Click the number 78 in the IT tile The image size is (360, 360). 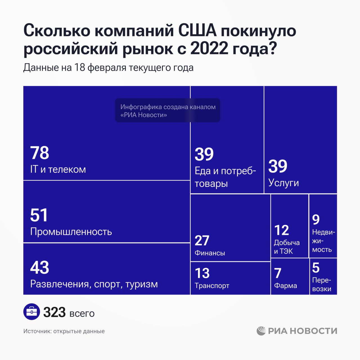[40, 153]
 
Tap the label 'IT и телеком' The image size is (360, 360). [58, 169]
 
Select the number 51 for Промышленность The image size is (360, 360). [39, 215]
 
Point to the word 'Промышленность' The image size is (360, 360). [71, 232]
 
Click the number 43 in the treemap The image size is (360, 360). [40, 267]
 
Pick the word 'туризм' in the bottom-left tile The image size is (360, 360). [141, 284]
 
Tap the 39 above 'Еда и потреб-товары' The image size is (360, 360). [204, 154]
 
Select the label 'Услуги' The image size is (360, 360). [283, 183]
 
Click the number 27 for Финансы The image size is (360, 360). [202, 240]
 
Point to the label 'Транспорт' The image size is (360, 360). [212, 286]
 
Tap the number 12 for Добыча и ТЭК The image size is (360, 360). [282, 230]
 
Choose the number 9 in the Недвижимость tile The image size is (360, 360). [316, 220]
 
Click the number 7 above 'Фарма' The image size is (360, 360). [278, 273]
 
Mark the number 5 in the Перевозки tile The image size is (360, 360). [316, 268]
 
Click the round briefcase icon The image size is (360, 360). [31, 312]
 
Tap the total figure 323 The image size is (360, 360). [54, 312]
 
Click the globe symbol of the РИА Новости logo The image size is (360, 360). [261, 331]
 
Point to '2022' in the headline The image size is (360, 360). [209, 48]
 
